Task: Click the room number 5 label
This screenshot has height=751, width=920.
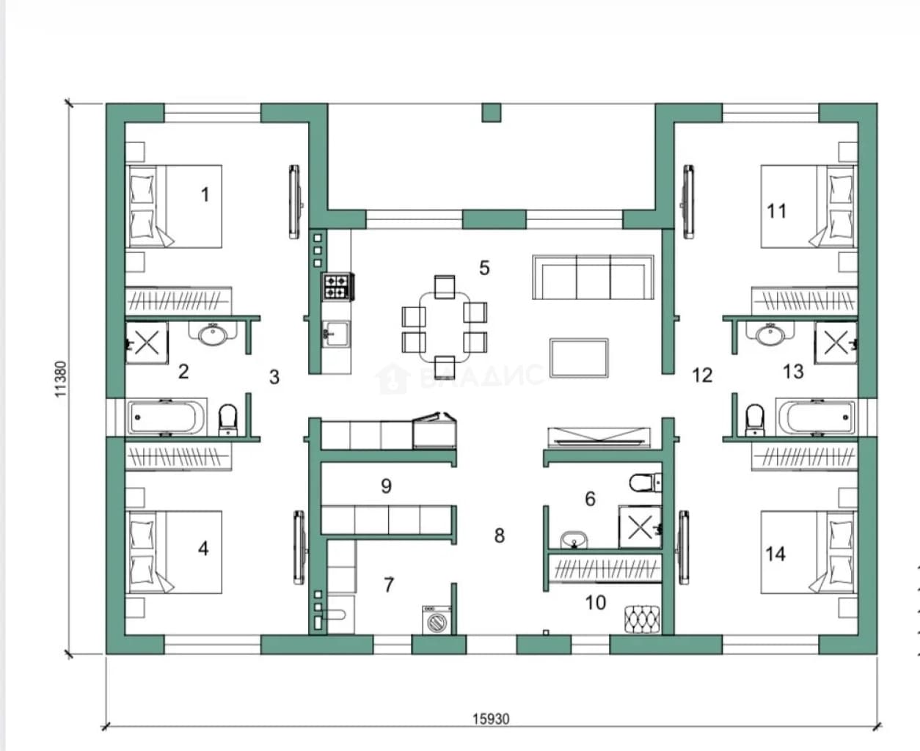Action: coord(484,268)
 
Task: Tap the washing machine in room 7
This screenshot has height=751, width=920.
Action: coord(437,620)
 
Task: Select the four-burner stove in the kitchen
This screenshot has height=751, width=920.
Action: coord(338,287)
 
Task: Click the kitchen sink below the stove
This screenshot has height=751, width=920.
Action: coord(336,334)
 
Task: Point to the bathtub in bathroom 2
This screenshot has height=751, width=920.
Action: coord(167,417)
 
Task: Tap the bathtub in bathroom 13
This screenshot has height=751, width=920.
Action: coord(816,417)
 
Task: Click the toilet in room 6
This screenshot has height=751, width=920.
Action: coord(646,483)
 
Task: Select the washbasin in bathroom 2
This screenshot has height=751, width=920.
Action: coord(213,334)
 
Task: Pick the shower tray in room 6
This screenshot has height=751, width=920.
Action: coord(640,527)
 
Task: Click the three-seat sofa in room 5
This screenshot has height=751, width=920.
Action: coord(593,277)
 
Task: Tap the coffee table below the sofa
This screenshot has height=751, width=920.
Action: coord(579,358)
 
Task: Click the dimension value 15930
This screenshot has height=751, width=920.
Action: coord(492,719)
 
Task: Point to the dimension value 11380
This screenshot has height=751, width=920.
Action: coord(61,379)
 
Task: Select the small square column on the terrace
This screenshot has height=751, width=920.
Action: coord(492,113)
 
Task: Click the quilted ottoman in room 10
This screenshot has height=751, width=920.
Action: coord(643,619)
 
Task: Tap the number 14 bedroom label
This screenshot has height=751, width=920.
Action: coord(775,554)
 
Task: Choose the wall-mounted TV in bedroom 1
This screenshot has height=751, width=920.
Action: coord(296,202)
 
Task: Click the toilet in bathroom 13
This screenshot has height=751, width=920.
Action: coord(755,420)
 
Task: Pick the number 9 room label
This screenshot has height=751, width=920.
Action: coord(386,486)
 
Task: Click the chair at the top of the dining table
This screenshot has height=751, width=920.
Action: coord(445,287)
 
